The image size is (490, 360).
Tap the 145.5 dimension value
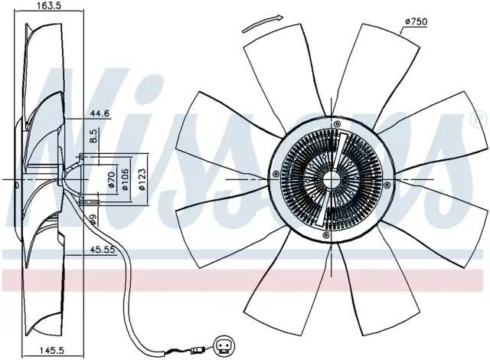tap(52, 351)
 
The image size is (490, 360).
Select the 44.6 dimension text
tap(100, 113)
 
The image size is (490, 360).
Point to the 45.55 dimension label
tap(103, 250)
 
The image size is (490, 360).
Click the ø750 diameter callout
tap(416, 21)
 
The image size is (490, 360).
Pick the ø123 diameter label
tap(142, 179)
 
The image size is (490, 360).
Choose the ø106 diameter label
tap(125, 179)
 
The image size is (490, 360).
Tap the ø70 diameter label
tap(112, 180)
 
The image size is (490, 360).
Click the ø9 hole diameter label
tap(93, 221)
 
